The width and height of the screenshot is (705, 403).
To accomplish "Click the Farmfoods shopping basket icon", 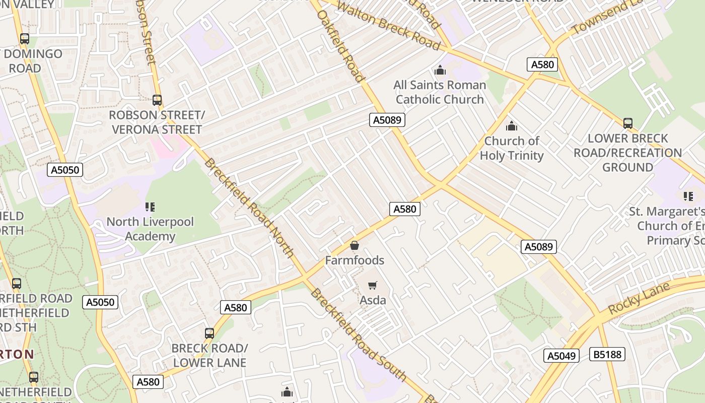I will (x=355, y=246).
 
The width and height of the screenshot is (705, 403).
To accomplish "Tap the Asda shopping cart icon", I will (x=373, y=286).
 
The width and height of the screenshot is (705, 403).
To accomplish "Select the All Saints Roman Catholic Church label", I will (x=440, y=92).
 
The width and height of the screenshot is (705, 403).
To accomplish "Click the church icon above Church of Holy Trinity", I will (x=512, y=126).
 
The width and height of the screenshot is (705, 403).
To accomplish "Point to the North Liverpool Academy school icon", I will (x=150, y=207).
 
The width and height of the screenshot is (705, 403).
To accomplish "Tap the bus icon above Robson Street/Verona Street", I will (x=157, y=100).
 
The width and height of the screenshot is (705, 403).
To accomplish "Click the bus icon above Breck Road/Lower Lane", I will (x=209, y=333).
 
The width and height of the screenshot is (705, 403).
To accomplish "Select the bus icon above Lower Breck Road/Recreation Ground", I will (x=627, y=123).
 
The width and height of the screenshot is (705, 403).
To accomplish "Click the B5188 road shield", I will (x=607, y=354).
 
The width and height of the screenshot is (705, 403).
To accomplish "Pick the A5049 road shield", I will (x=561, y=356).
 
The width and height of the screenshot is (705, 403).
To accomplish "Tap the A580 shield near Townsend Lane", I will (x=542, y=64).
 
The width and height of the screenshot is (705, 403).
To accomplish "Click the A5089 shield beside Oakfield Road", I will (x=387, y=120).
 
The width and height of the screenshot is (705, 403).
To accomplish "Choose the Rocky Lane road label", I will (x=639, y=298).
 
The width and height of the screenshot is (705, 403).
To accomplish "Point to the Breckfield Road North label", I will (x=249, y=208).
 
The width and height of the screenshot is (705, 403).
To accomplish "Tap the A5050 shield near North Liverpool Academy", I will (x=65, y=170).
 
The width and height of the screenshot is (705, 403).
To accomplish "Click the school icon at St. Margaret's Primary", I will (x=688, y=196).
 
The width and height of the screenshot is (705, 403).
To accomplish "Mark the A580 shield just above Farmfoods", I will (x=404, y=209).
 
